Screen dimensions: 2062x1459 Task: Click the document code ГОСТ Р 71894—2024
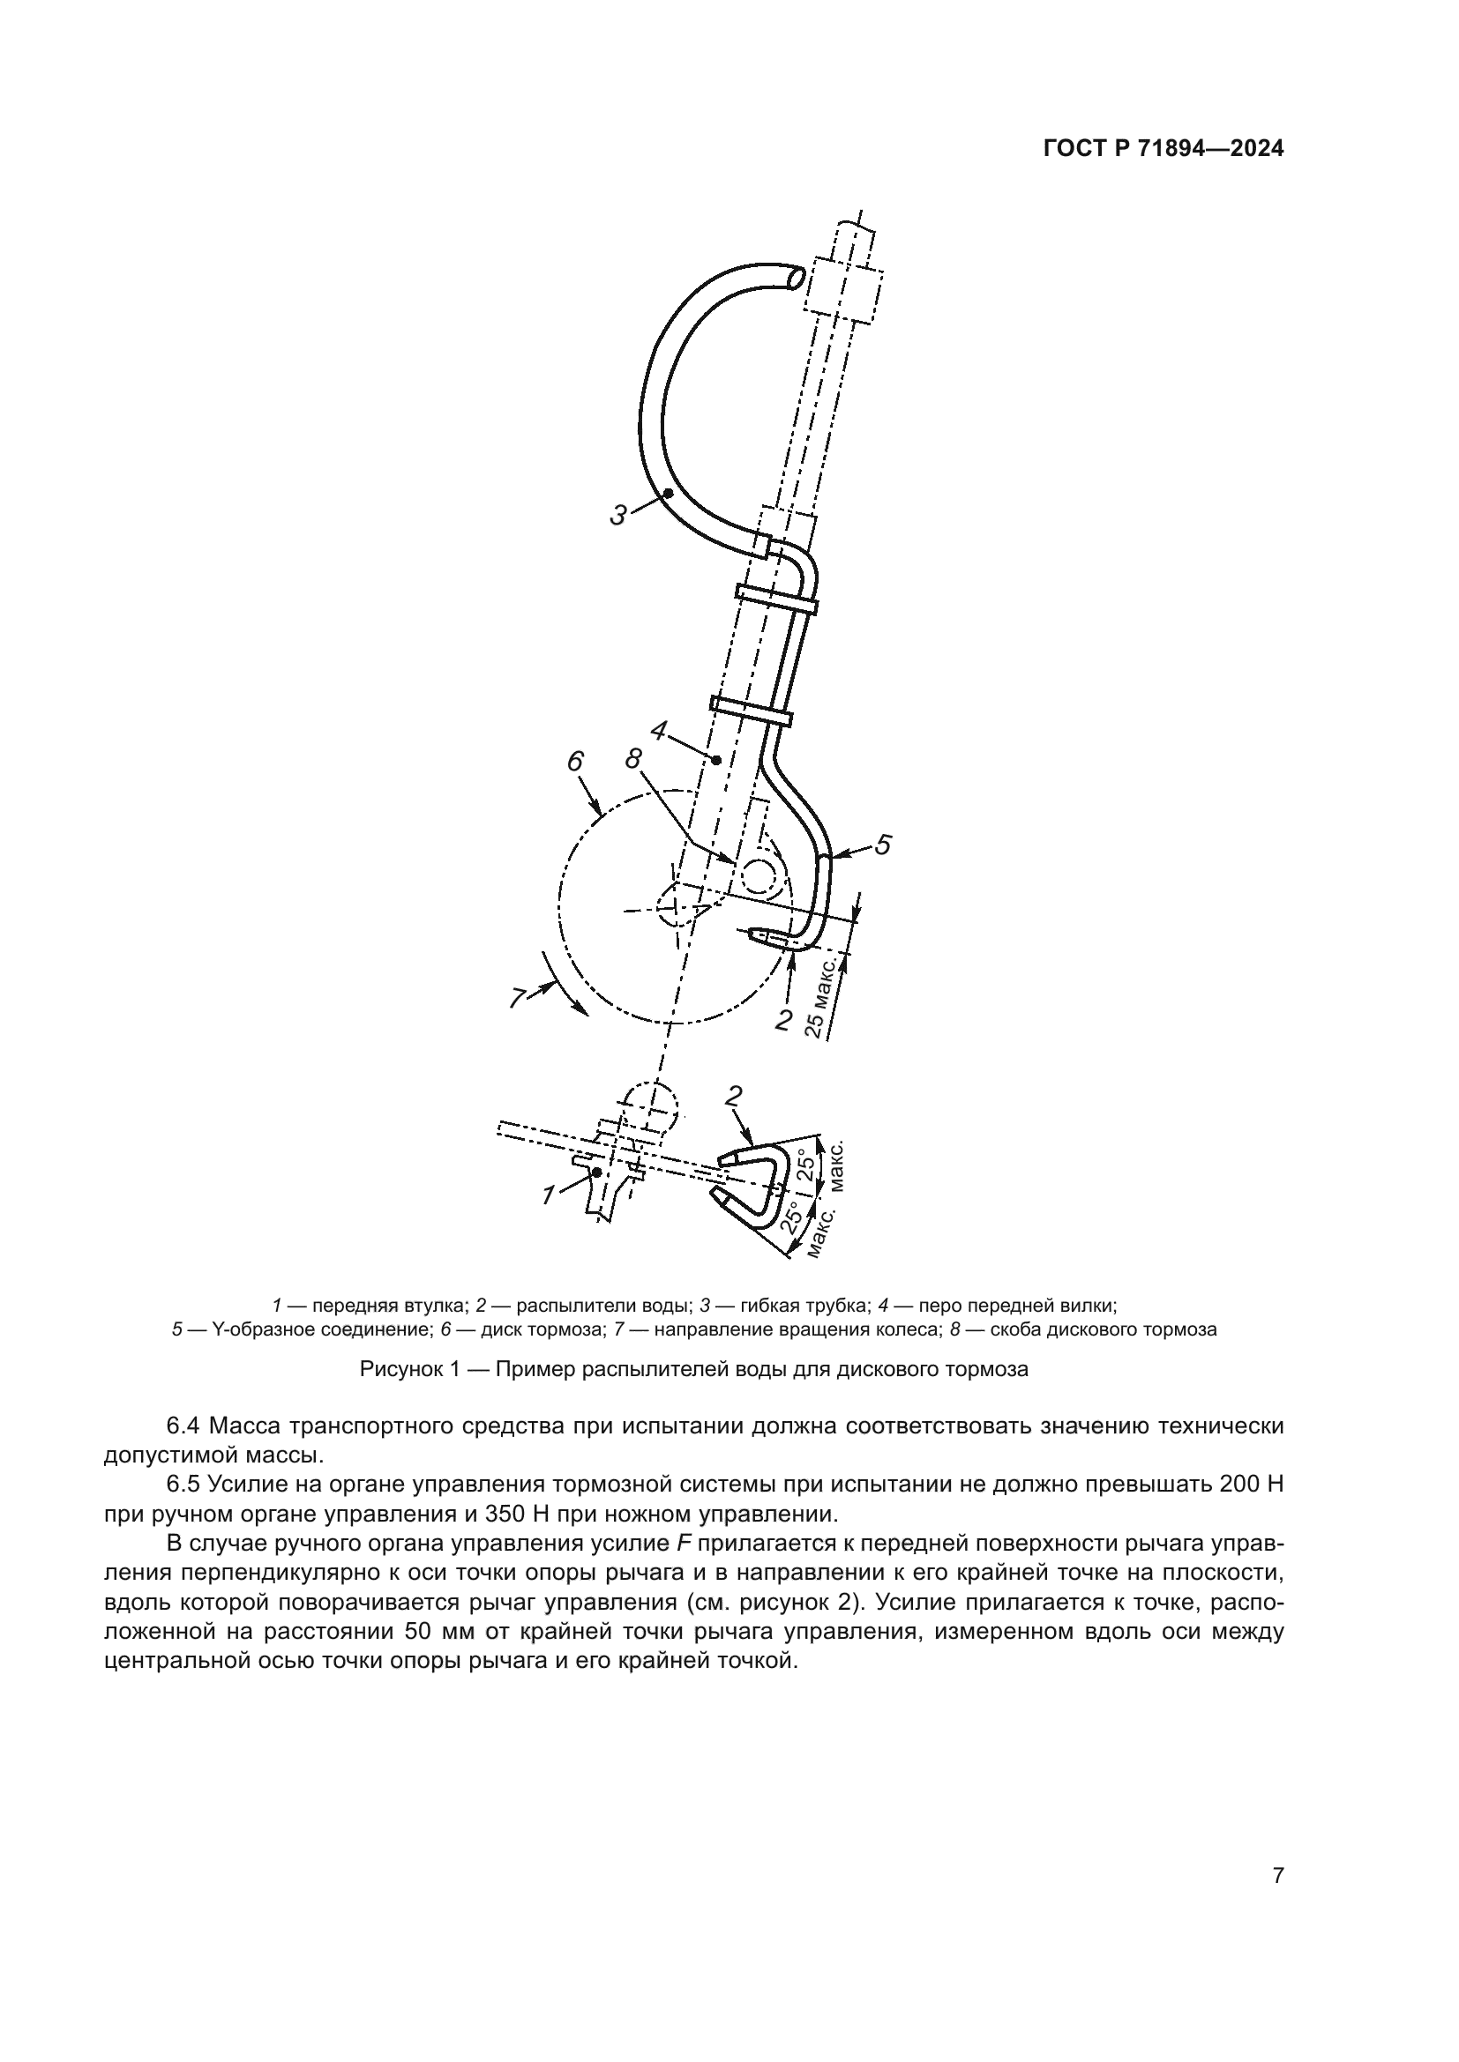[x=1163, y=149]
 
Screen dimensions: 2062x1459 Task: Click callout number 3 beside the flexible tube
[x=618, y=516]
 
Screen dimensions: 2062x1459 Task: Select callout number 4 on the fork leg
[x=659, y=731]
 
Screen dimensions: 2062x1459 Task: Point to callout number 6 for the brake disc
[x=575, y=762]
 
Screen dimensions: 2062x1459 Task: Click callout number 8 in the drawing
[x=634, y=759]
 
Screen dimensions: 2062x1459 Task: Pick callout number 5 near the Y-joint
[x=883, y=845]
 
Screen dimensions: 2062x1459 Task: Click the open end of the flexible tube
[x=793, y=279]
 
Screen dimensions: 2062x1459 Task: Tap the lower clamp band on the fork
[x=751, y=709]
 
